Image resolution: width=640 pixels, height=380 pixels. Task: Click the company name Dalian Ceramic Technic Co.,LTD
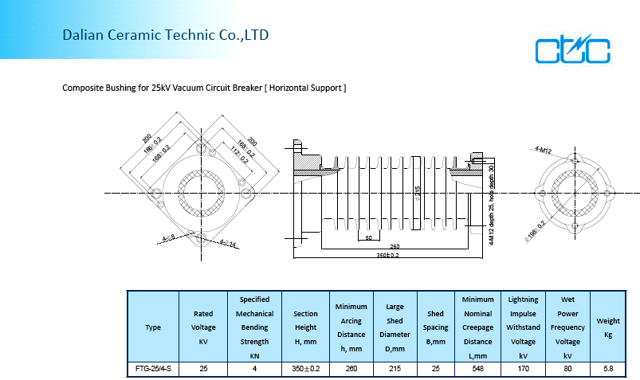click(x=166, y=35)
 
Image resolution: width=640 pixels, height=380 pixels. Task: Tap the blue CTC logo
click(x=572, y=50)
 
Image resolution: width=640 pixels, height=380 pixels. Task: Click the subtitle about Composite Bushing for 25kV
click(x=204, y=88)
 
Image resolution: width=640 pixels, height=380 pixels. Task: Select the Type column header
click(x=153, y=327)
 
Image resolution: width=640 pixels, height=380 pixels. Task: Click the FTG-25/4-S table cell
click(x=153, y=370)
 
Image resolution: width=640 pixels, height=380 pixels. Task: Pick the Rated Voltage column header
click(x=203, y=327)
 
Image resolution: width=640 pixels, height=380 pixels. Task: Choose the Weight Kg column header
click(x=608, y=327)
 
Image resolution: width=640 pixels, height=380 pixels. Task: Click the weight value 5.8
click(x=608, y=370)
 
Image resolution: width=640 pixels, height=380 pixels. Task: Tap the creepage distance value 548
click(x=478, y=370)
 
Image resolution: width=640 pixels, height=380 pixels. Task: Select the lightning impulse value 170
click(x=523, y=370)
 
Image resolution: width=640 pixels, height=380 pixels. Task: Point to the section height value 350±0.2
click(x=306, y=370)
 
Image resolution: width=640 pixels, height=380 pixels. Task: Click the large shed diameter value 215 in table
click(x=395, y=370)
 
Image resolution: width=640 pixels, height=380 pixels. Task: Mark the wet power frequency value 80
click(x=567, y=370)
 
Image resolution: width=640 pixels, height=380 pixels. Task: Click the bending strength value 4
click(x=254, y=370)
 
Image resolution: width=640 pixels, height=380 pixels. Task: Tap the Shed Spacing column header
click(x=435, y=327)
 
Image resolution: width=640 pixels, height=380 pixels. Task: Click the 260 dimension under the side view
click(x=395, y=245)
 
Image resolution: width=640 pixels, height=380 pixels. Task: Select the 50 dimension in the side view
click(x=367, y=237)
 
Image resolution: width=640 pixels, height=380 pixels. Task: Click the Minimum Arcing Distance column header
click(x=351, y=327)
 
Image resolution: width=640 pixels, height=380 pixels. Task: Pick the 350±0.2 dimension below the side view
click(x=388, y=255)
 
